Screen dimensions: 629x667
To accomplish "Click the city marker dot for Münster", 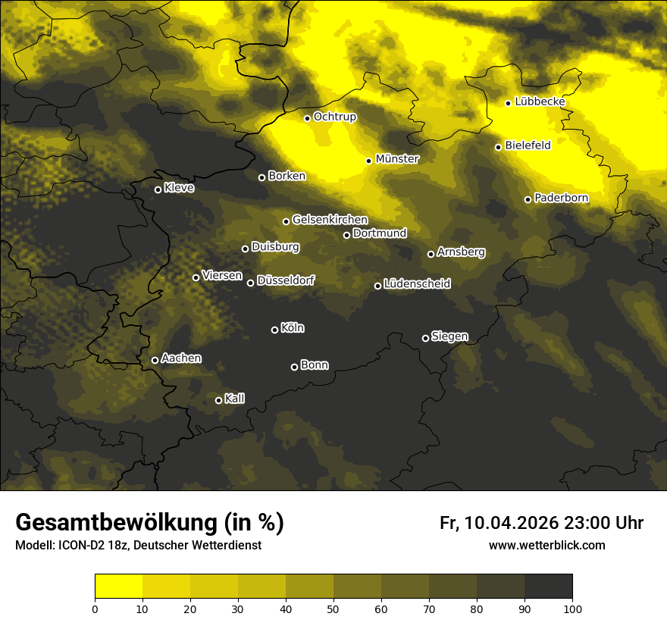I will pyautogui.click(x=368, y=161).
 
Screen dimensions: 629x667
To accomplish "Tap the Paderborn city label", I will pyautogui.click(x=561, y=198).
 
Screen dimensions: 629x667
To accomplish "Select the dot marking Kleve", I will pyautogui.click(x=158, y=189).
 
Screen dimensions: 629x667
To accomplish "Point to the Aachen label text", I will pyautogui.click(x=181, y=358).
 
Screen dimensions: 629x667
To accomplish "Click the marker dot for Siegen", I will pyautogui.click(x=425, y=338).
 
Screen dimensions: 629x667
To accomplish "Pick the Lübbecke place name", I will pyautogui.click(x=540, y=102).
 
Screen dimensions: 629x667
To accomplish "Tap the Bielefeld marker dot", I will pyautogui.click(x=498, y=147).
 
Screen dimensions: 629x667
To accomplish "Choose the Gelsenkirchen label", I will pyautogui.click(x=330, y=220).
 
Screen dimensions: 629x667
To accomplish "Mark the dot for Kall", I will pyautogui.click(x=218, y=400).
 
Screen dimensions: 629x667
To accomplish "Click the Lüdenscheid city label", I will pyautogui.click(x=417, y=284).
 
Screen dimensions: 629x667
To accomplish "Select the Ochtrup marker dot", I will pyautogui.click(x=307, y=118).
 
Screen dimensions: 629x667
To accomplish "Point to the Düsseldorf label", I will pyautogui.click(x=286, y=280).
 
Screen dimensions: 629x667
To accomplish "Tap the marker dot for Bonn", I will pyautogui.click(x=294, y=367).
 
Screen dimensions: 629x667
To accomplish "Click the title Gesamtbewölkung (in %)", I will pyautogui.click(x=149, y=523).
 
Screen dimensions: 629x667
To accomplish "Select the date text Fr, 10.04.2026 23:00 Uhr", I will pyautogui.click(x=541, y=523).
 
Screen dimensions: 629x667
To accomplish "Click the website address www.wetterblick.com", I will pyautogui.click(x=546, y=545).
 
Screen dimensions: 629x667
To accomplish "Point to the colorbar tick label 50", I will pyautogui.click(x=333, y=609).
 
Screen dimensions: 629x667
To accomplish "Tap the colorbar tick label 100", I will pyautogui.click(x=572, y=609).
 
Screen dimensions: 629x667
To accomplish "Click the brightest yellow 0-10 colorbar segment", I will pyautogui.click(x=118, y=586).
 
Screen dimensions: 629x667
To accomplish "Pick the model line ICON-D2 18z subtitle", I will pyautogui.click(x=138, y=546).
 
